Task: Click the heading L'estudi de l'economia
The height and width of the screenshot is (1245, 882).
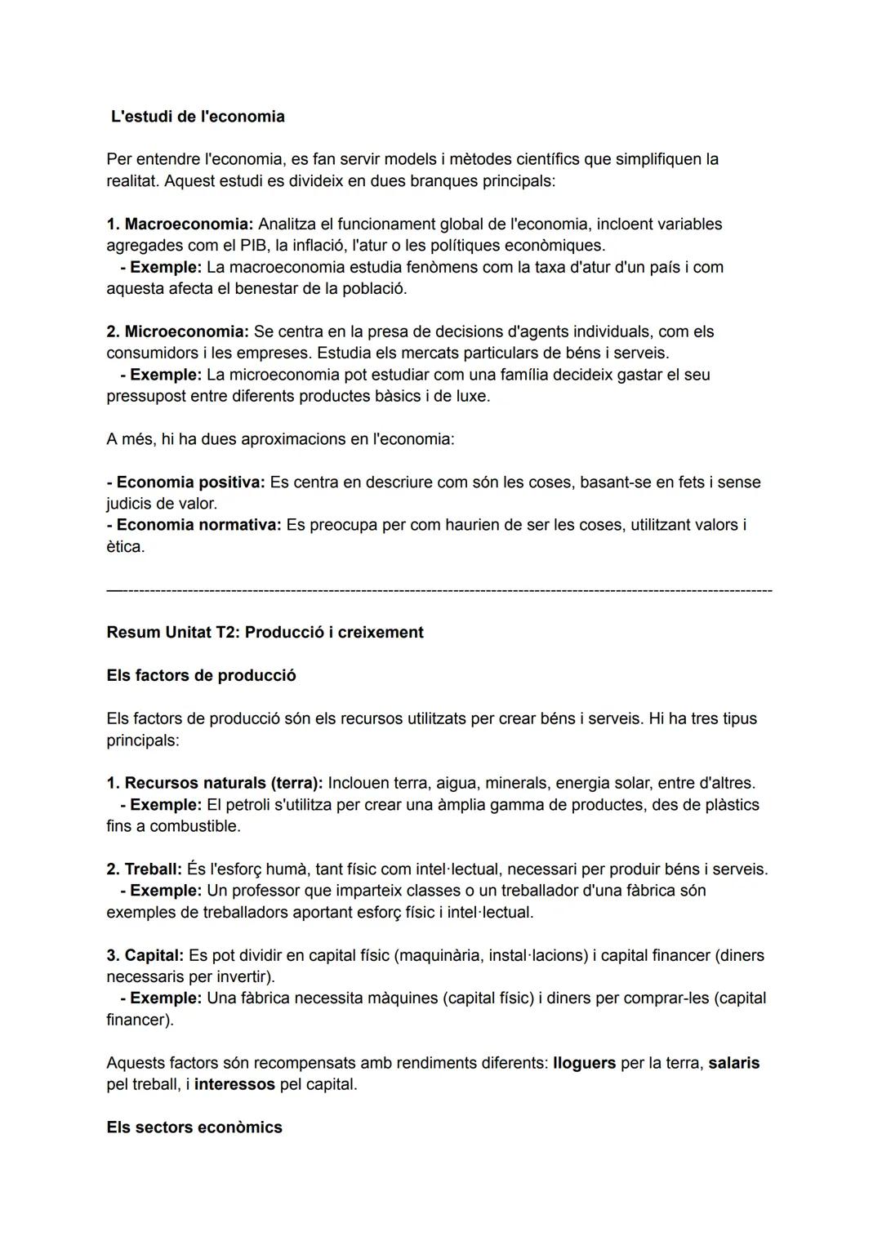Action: [198, 117]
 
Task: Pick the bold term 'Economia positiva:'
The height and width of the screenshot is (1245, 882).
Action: [186, 482]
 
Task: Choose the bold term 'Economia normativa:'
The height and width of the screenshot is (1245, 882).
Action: [194, 525]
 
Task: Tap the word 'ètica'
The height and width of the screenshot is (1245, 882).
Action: [124, 546]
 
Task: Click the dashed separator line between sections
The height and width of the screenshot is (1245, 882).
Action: [439, 589]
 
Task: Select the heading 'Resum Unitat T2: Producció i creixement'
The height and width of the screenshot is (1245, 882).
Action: [265, 633]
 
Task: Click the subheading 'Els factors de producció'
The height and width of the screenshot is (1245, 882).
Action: [201, 676]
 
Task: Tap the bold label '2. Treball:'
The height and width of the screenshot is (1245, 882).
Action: [144, 869]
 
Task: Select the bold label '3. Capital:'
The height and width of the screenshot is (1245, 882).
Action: [145, 955]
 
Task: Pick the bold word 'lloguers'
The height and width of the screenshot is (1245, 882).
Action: [584, 1063]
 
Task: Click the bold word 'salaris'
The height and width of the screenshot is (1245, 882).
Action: [733, 1063]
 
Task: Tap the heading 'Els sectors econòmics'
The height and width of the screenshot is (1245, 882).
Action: [194, 1127]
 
